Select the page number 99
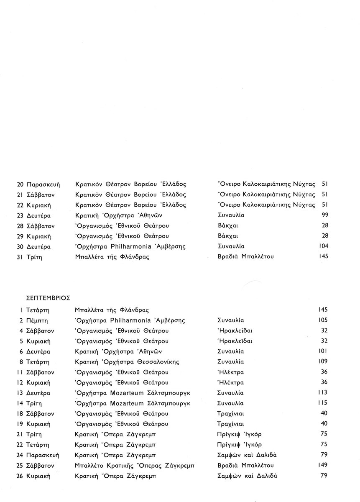click(323, 215)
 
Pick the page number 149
click(322, 465)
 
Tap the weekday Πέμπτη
click(37, 320)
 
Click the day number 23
click(20, 215)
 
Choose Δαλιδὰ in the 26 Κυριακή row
click(266, 476)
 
